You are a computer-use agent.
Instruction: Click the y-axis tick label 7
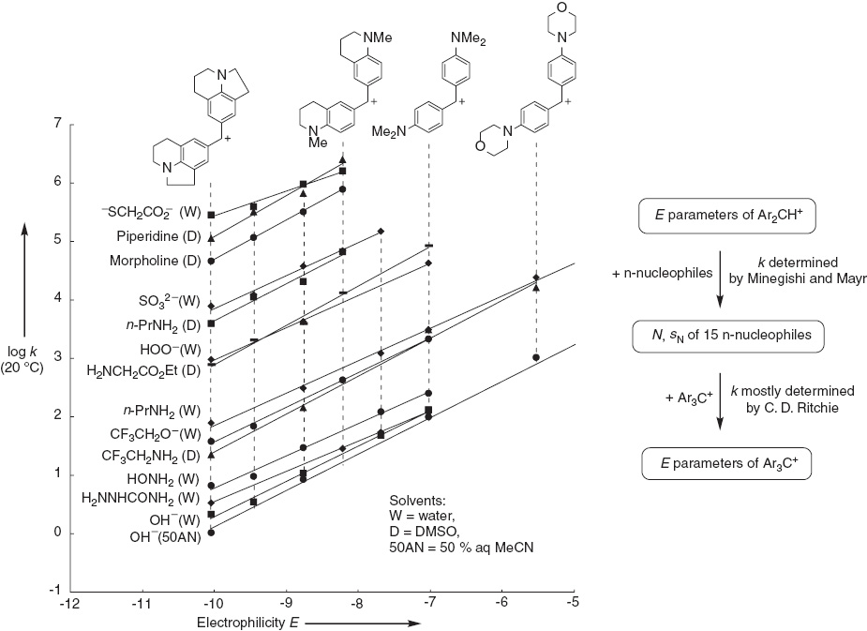[x=56, y=124]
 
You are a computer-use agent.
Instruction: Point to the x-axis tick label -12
[x=69, y=602]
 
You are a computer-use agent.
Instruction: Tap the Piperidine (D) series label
[x=158, y=236]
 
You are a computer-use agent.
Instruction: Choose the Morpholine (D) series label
[x=156, y=261]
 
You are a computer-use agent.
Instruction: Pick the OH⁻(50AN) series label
[x=165, y=537]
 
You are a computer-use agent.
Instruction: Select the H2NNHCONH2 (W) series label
[x=141, y=499]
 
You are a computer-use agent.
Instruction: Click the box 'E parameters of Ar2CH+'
[x=727, y=216]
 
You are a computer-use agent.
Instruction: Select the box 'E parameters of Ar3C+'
[x=727, y=463]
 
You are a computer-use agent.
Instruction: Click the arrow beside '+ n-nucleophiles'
[x=720, y=279]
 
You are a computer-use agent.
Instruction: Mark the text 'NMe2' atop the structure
[x=468, y=38]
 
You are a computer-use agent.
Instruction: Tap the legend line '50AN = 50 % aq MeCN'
[x=462, y=548]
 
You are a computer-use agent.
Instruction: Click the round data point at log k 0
[x=211, y=533]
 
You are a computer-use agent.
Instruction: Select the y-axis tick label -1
[x=54, y=592]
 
